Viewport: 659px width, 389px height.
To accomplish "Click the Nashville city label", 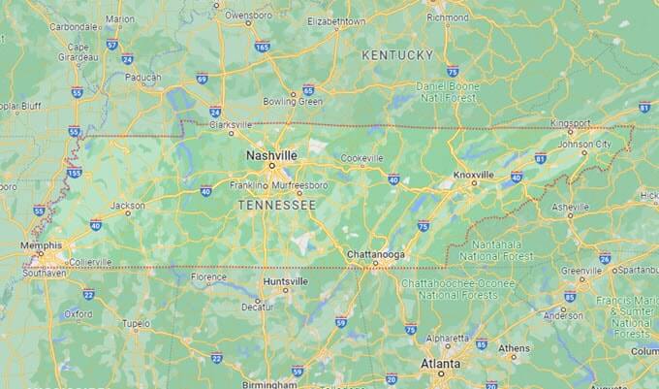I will tap(271, 155).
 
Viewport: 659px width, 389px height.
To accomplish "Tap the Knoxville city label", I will tap(474, 175).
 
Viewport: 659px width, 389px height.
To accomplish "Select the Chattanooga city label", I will tap(376, 255).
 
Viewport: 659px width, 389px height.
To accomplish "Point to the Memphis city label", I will tap(41, 245).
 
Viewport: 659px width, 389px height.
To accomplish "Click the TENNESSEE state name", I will tap(277, 206).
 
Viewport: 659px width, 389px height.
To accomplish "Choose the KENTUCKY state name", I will tap(397, 55).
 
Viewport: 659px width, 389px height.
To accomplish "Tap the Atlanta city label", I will tap(441, 365).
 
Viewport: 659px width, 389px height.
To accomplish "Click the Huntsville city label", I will tap(286, 281).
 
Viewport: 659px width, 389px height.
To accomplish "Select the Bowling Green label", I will tap(292, 101).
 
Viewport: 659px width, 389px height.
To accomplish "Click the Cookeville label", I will tap(361, 158).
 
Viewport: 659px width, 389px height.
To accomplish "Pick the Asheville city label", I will tap(569, 207).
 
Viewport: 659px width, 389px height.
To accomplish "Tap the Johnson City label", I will tap(584, 145).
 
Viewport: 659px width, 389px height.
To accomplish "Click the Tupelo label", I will tap(137, 323).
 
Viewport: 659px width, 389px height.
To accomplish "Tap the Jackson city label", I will tap(128, 206).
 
